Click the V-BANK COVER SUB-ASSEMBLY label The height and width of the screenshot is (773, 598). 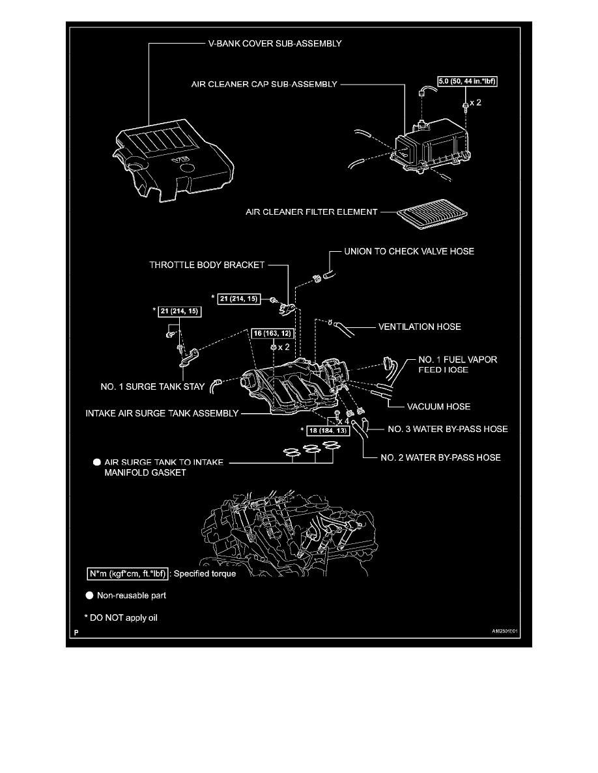(x=275, y=44)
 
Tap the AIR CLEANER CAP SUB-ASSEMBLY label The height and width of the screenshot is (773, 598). (x=264, y=85)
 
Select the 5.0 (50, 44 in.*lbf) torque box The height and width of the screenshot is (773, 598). (x=467, y=81)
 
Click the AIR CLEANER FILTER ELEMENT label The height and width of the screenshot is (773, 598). (x=311, y=212)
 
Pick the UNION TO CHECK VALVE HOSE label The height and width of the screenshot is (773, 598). (x=409, y=251)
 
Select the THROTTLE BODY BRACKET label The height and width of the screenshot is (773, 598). (x=206, y=265)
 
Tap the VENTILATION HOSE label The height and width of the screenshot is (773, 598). (x=420, y=327)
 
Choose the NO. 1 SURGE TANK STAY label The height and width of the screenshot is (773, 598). (x=152, y=387)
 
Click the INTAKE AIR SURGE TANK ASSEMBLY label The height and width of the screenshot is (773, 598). (x=162, y=414)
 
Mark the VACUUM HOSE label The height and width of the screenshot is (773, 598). (x=438, y=407)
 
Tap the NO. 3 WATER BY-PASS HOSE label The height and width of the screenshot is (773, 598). (x=448, y=429)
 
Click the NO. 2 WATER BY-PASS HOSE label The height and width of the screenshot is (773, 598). (x=440, y=458)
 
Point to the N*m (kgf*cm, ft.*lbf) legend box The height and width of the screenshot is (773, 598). (x=128, y=574)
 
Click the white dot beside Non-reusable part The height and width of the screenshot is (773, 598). (x=89, y=595)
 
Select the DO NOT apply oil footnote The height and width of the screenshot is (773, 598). (x=121, y=618)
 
